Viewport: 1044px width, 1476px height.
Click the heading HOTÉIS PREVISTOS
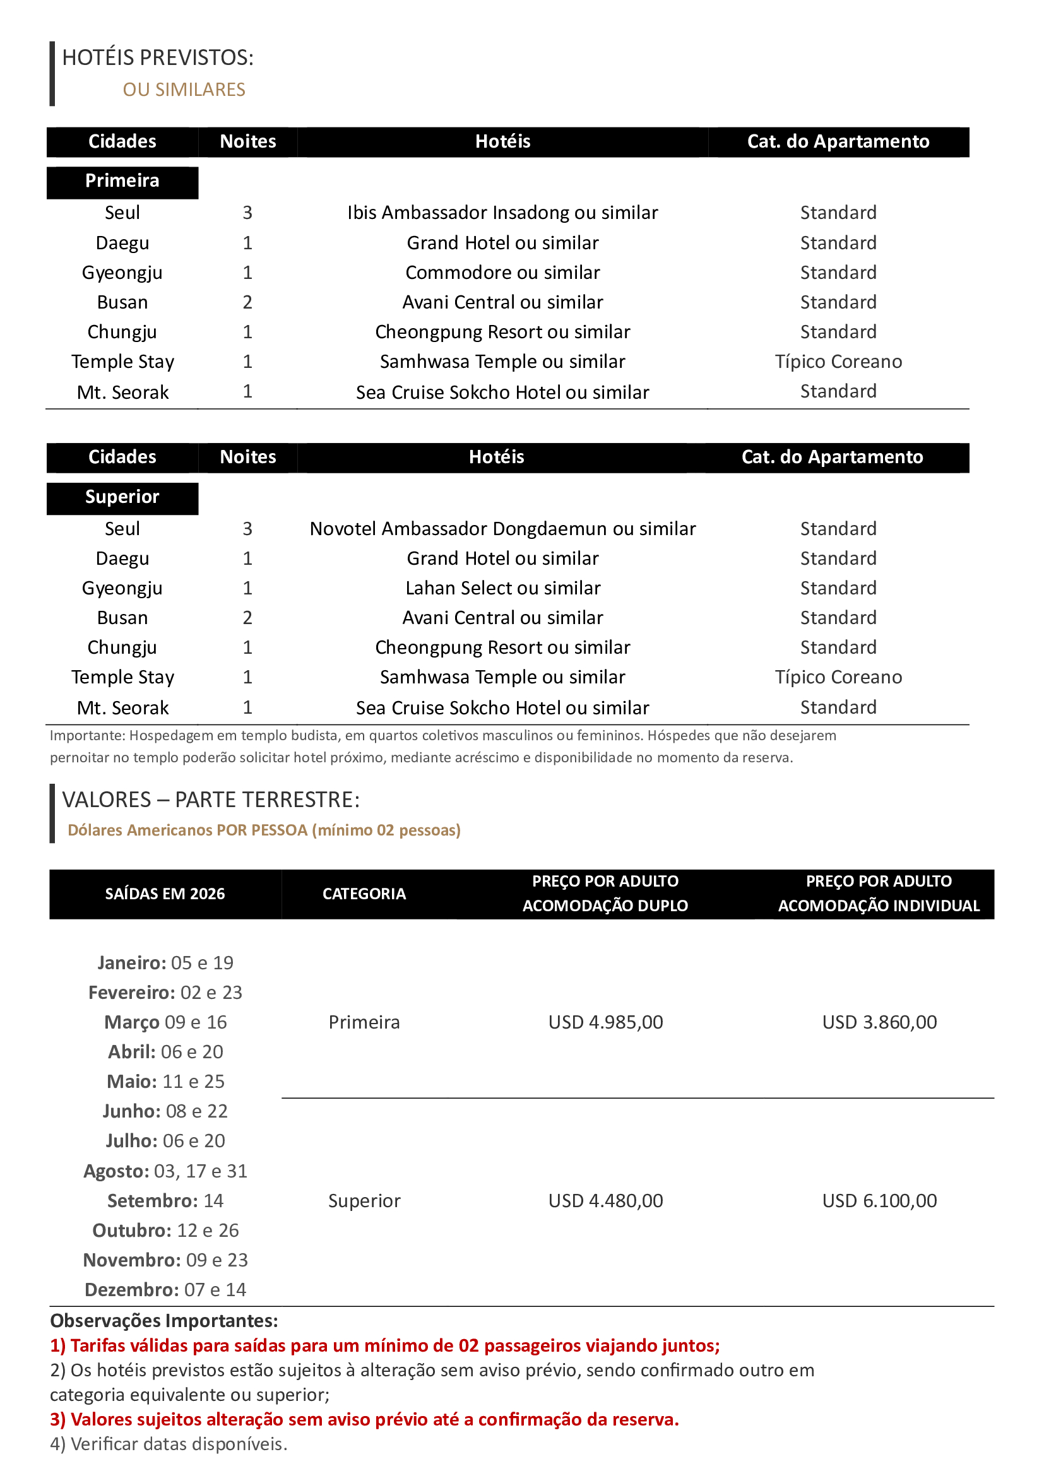pos(158,58)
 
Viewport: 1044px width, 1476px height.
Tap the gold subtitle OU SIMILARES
pos(184,90)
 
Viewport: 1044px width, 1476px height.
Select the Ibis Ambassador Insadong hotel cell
pos(502,213)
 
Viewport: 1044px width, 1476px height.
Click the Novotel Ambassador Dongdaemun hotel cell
pos(502,528)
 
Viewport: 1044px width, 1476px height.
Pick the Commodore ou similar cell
pos(502,273)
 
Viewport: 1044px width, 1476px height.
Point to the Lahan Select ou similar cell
pos(502,588)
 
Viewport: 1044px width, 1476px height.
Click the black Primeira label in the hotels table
pos(122,181)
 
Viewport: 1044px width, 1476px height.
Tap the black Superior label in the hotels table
pos(122,497)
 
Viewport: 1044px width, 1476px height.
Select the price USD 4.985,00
pos(605,1022)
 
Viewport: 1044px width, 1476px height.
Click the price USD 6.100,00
pos(879,1201)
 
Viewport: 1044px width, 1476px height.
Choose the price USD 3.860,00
pos(879,1022)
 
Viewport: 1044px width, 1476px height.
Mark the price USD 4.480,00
pos(605,1201)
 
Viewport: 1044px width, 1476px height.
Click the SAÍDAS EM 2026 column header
pos(165,894)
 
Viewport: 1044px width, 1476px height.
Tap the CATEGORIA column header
pos(364,894)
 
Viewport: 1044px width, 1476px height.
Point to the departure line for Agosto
pos(165,1171)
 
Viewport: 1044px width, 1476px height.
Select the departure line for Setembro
pos(165,1201)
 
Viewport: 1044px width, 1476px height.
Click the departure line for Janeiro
pos(165,963)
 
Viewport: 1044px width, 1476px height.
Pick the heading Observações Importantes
pos(164,1321)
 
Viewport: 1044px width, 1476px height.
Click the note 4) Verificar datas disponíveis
pos(169,1444)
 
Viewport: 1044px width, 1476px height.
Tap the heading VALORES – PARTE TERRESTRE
pos(211,800)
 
